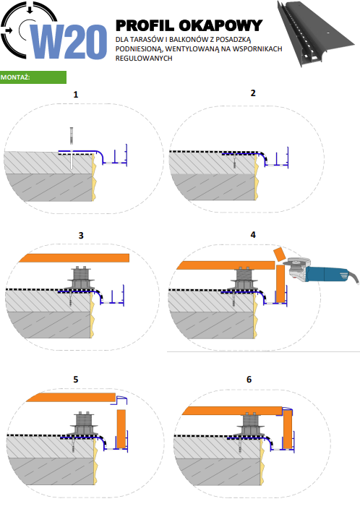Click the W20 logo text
pyautogui.click(x=69, y=42)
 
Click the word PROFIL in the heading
pyautogui.click(x=145, y=26)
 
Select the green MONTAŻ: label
pyautogui.click(x=33, y=77)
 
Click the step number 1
pyautogui.click(x=75, y=95)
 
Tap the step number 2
pyautogui.click(x=253, y=93)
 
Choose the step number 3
pyautogui.click(x=81, y=236)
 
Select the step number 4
pyautogui.click(x=253, y=235)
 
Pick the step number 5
pyautogui.click(x=75, y=380)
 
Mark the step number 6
pyautogui.click(x=249, y=380)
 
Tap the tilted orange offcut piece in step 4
pyautogui.click(x=280, y=254)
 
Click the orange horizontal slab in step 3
pyautogui.click(x=74, y=258)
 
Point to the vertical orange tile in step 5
pyautogui.click(x=121, y=429)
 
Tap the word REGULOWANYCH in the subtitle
pyautogui.click(x=144, y=59)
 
